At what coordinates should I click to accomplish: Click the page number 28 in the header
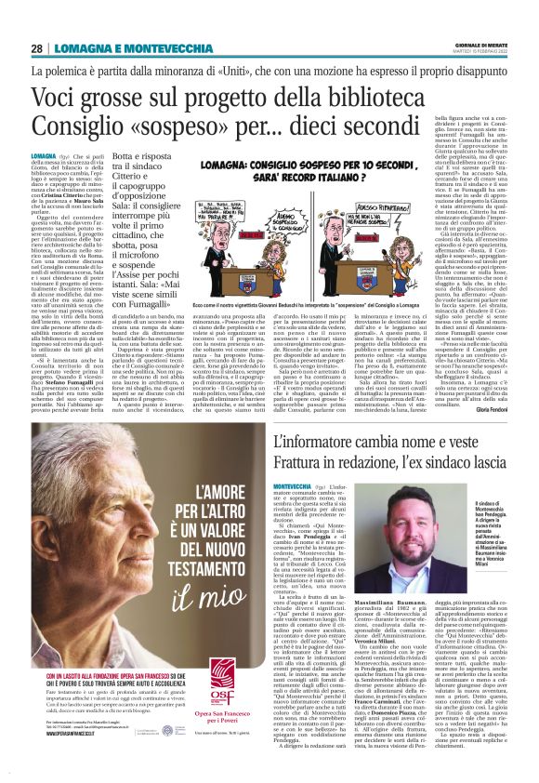tap(36, 48)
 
